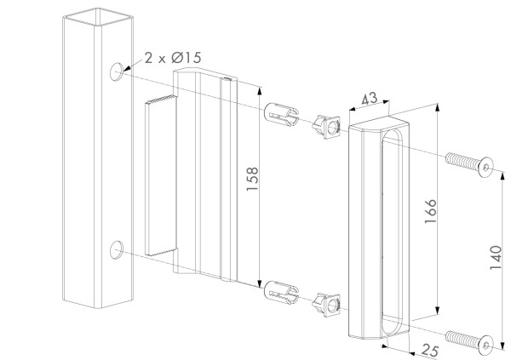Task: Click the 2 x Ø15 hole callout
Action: tap(173, 58)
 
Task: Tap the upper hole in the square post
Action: tap(117, 72)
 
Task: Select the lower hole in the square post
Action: tap(117, 250)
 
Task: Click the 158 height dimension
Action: tap(252, 179)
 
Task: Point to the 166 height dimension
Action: tap(430, 211)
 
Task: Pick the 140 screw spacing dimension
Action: tap(496, 257)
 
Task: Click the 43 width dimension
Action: tap(370, 99)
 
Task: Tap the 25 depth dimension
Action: tap(429, 351)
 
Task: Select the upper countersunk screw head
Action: tap(485, 167)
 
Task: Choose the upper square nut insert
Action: tap(326, 127)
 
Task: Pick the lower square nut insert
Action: tap(326, 305)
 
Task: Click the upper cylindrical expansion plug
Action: tap(281, 115)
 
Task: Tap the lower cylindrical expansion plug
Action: tap(281, 293)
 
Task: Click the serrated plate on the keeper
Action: tap(161, 175)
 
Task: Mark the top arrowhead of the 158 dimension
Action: tap(260, 90)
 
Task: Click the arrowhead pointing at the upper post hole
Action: tap(127, 68)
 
